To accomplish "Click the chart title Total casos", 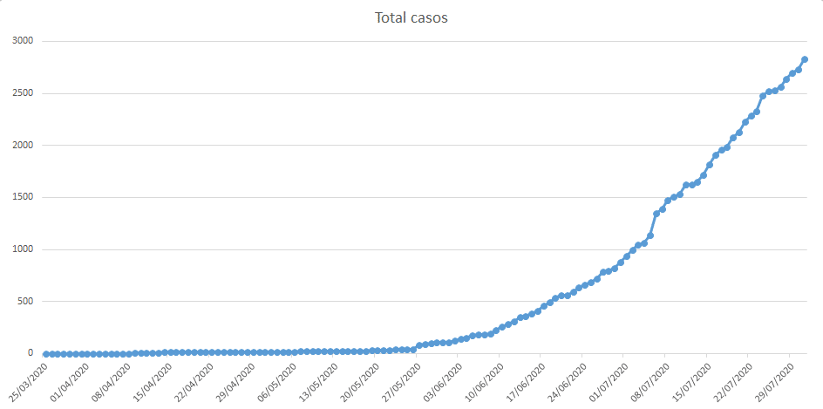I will point(411,17).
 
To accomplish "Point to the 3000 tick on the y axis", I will point(22,41).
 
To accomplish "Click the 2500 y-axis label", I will point(22,93).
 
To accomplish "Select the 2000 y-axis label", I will point(22,146).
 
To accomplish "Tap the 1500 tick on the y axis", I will point(22,197).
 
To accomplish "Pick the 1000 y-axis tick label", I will point(22,249).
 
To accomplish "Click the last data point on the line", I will point(805,59).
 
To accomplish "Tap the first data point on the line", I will point(45,354).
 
